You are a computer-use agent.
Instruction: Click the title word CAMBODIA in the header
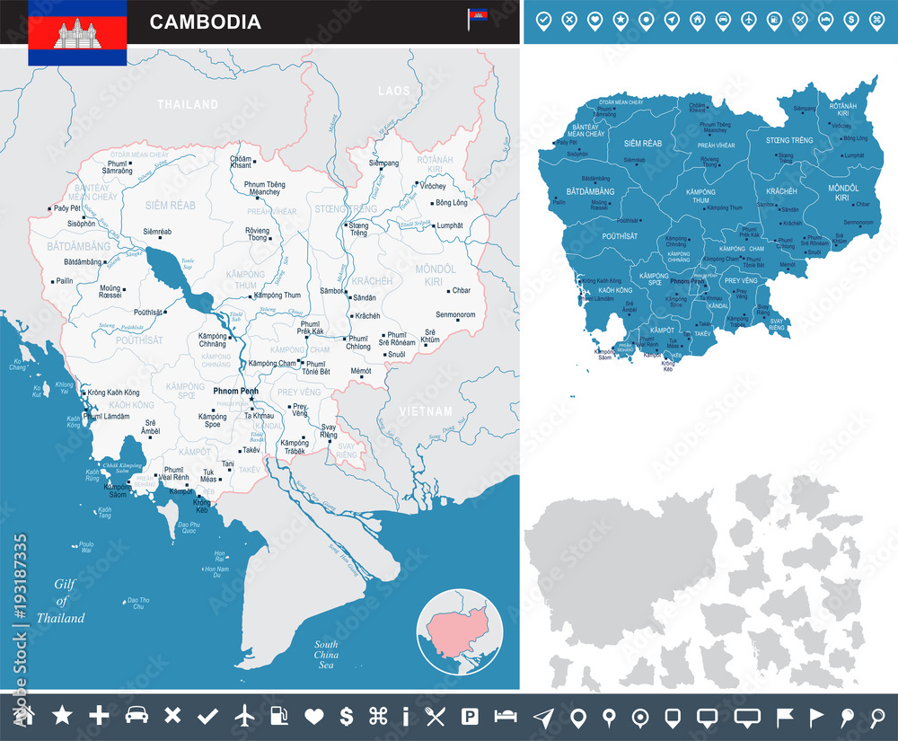pos(206,22)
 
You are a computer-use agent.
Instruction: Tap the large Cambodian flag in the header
pos(76,32)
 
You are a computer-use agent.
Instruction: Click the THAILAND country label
pos(188,104)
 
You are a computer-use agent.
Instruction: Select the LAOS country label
pos(393,91)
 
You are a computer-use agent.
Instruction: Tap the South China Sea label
pos(325,655)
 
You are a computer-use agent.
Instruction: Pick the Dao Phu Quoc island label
pos(189,527)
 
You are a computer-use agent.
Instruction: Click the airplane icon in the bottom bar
pos(243,716)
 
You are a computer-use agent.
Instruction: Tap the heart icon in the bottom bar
pos(313,716)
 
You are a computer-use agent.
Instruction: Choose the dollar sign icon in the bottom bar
pos(346,716)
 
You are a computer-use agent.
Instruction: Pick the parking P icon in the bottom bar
pos(469,716)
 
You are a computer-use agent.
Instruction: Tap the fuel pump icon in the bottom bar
pos(278,716)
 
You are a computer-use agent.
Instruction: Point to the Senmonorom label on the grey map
pos(455,315)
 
